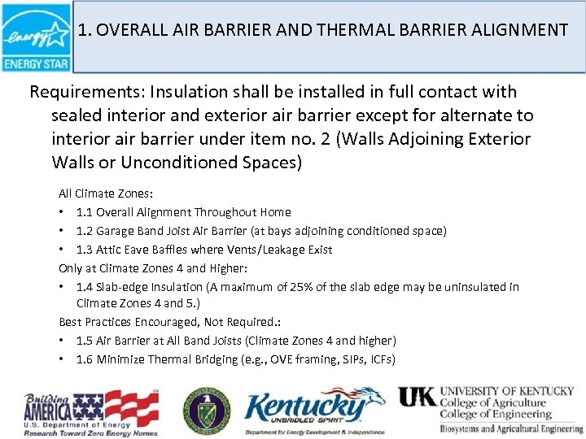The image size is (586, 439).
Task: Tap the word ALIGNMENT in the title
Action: point(517,31)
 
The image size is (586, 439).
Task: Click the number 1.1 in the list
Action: point(85,212)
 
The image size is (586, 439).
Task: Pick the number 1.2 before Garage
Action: point(85,231)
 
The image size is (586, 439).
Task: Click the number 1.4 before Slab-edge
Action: point(85,287)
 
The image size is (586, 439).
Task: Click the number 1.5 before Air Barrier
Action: point(85,341)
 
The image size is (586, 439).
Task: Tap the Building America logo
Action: point(90,411)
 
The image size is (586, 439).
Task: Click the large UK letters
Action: point(416,397)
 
